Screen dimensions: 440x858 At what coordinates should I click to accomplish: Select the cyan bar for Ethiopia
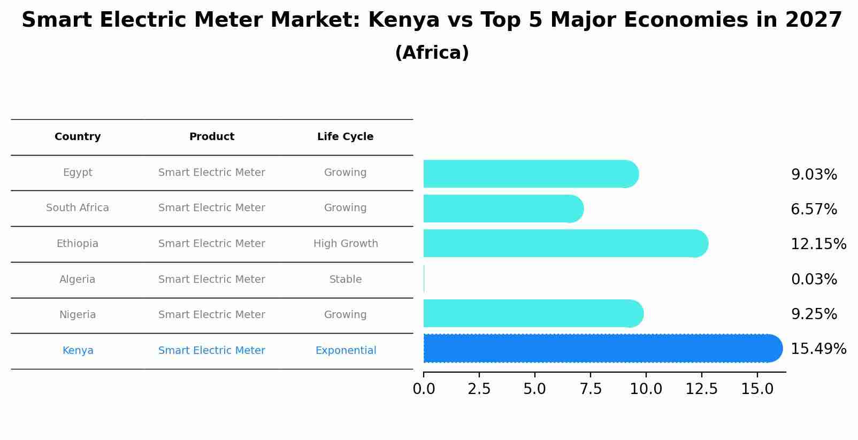564,243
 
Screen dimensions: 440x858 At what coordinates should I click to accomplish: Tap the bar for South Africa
503,209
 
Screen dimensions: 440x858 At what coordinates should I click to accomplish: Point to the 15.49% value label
818,349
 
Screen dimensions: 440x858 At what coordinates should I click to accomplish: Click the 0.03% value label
814,279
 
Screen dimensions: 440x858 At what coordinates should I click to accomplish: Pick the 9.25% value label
814,314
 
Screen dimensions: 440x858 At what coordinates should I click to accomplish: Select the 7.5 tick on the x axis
591,389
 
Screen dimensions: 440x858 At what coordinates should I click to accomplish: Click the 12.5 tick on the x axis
701,389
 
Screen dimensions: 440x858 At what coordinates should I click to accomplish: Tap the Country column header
78,137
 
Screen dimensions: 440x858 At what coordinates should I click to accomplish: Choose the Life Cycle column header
345,137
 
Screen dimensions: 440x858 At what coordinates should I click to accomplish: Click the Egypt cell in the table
78,173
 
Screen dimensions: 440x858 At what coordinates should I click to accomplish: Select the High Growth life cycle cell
346,244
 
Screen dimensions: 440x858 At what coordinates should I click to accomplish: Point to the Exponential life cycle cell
346,351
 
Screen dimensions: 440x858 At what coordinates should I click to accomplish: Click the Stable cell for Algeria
346,280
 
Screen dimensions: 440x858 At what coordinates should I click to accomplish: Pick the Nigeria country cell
78,315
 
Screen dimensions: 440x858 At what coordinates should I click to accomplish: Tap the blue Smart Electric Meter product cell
211,351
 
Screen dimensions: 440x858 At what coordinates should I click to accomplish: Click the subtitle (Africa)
432,53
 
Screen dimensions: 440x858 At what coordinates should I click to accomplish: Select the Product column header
211,137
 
